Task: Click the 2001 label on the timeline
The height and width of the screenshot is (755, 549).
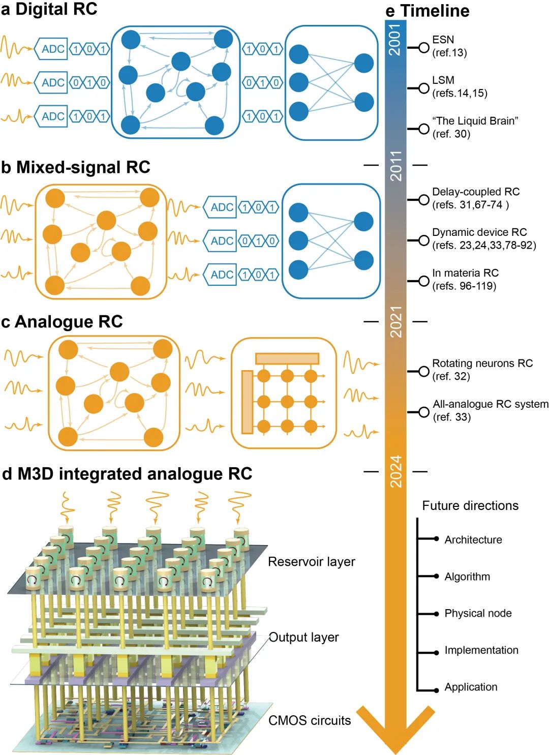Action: [x=395, y=40]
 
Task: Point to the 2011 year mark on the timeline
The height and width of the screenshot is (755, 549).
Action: [x=396, y=166]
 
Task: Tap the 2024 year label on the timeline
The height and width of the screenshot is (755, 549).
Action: [x=396, y=472]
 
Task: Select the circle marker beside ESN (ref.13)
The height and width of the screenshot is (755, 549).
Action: [x=424, y=48]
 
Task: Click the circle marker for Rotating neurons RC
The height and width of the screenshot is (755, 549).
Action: [x=424, y=371]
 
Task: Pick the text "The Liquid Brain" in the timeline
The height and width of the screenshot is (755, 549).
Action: [x=475, y=121]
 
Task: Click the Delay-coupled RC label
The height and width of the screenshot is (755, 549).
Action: [x=475, y=192]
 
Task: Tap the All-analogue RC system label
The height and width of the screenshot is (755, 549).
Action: [x=490, y=404]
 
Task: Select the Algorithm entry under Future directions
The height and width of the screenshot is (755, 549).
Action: [x=467, y=577]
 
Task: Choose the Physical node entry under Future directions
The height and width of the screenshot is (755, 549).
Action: [x=478, y=613]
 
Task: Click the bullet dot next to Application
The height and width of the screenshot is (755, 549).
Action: [x=436, y=690]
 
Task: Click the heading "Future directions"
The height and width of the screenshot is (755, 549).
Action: [x=470, y=505]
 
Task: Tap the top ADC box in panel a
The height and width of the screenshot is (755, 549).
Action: [x=52, y=49]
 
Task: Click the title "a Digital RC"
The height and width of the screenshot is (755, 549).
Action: [x=49, y=9]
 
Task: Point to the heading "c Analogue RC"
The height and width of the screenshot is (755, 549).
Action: [x=62, y=322]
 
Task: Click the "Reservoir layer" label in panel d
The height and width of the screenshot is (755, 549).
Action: [x=311, y=562]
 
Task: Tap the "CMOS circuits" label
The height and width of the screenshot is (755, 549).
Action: [x=309, y=720]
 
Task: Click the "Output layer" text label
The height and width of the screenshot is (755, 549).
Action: [x=303, y=638]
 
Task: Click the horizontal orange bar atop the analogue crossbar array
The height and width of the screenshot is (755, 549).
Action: [x=287, y=358]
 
